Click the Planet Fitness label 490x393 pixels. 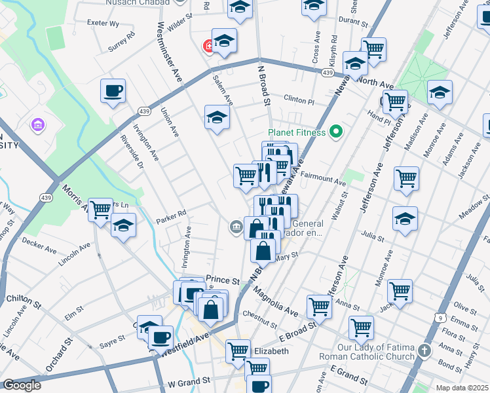coord(297,132)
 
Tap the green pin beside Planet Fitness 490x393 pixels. coord(337,132)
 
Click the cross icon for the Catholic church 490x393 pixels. coord(426,351)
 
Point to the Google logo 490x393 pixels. coord(22,385)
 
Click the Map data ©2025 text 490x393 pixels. coord(462,388)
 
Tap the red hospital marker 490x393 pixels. coord(209,46)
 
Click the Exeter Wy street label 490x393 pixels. coord(103,23)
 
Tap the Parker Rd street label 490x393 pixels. coord(171,212)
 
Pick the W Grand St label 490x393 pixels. coord(189,380)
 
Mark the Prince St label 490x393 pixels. coord(220,279)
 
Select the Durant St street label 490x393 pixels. coord(350,21)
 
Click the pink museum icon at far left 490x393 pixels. coord(38,123)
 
